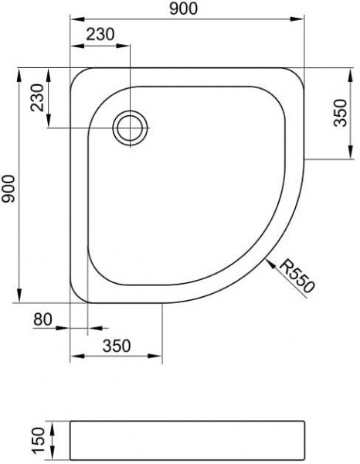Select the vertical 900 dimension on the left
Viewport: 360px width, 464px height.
click(8, 186)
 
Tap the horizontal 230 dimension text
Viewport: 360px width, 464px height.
click(102, 35)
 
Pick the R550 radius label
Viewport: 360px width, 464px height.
click(297, 276)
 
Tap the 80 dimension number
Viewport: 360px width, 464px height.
click(44, 319)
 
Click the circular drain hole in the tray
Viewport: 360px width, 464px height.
click(130, 127)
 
